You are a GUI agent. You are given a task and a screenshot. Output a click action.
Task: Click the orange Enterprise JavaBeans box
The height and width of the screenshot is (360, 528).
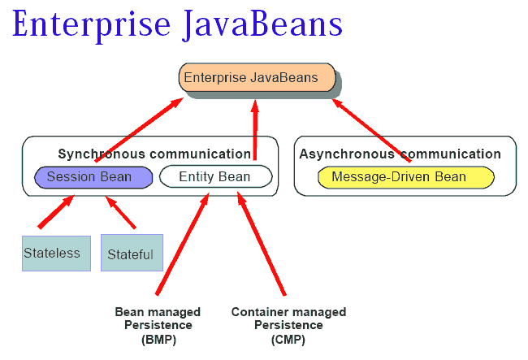pyautogui.click(x=257, y=78)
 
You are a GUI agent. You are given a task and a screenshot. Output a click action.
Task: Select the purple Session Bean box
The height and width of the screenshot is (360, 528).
pyautogui.click(x=93, y=177)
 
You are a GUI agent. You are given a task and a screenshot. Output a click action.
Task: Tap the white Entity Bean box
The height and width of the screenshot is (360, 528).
pyautogui.click(x=214, y=177)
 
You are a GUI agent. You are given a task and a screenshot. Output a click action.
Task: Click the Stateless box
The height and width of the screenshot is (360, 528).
pyautogui.click(x=55, y=253)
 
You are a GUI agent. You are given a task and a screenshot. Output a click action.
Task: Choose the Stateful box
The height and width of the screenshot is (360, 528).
pyautogui.click(x=131, y=254)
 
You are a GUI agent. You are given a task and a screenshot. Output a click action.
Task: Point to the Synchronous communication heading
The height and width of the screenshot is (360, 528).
pyautogui.click(x=154, y=154)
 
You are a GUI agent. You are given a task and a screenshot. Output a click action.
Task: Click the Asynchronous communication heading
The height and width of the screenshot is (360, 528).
pyautogui.click(x=400, y=154)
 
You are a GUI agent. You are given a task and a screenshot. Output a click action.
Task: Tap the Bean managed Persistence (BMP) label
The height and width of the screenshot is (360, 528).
pyautogui.click(x=158, y=325)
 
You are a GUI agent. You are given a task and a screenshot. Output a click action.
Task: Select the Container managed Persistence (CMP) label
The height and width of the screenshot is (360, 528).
pyautogui.click(x=288, y=325)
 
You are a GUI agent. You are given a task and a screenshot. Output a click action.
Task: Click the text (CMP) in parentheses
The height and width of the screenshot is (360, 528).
pyautogui.click(x=288, y=340)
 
